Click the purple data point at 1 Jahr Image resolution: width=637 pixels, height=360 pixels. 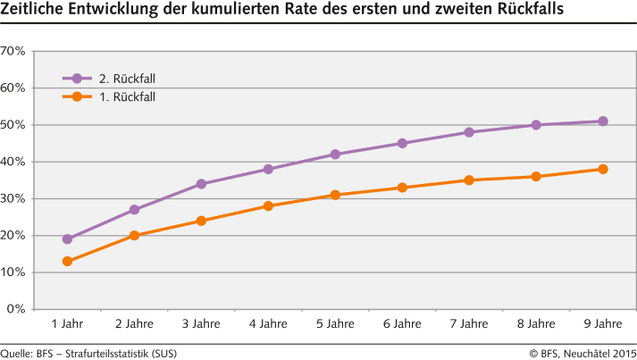[67, 239]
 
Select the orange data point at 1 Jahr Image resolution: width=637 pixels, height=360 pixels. [67, 261]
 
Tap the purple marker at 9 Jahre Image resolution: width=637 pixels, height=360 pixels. [603, 121]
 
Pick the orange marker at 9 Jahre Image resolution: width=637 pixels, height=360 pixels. [603, 169]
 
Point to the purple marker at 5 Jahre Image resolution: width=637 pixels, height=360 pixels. [335, 155]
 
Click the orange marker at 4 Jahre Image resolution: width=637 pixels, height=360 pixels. [268, 205]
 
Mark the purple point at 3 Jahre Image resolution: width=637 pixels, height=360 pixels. [201, 184]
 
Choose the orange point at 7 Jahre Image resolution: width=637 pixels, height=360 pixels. [469, 180]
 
